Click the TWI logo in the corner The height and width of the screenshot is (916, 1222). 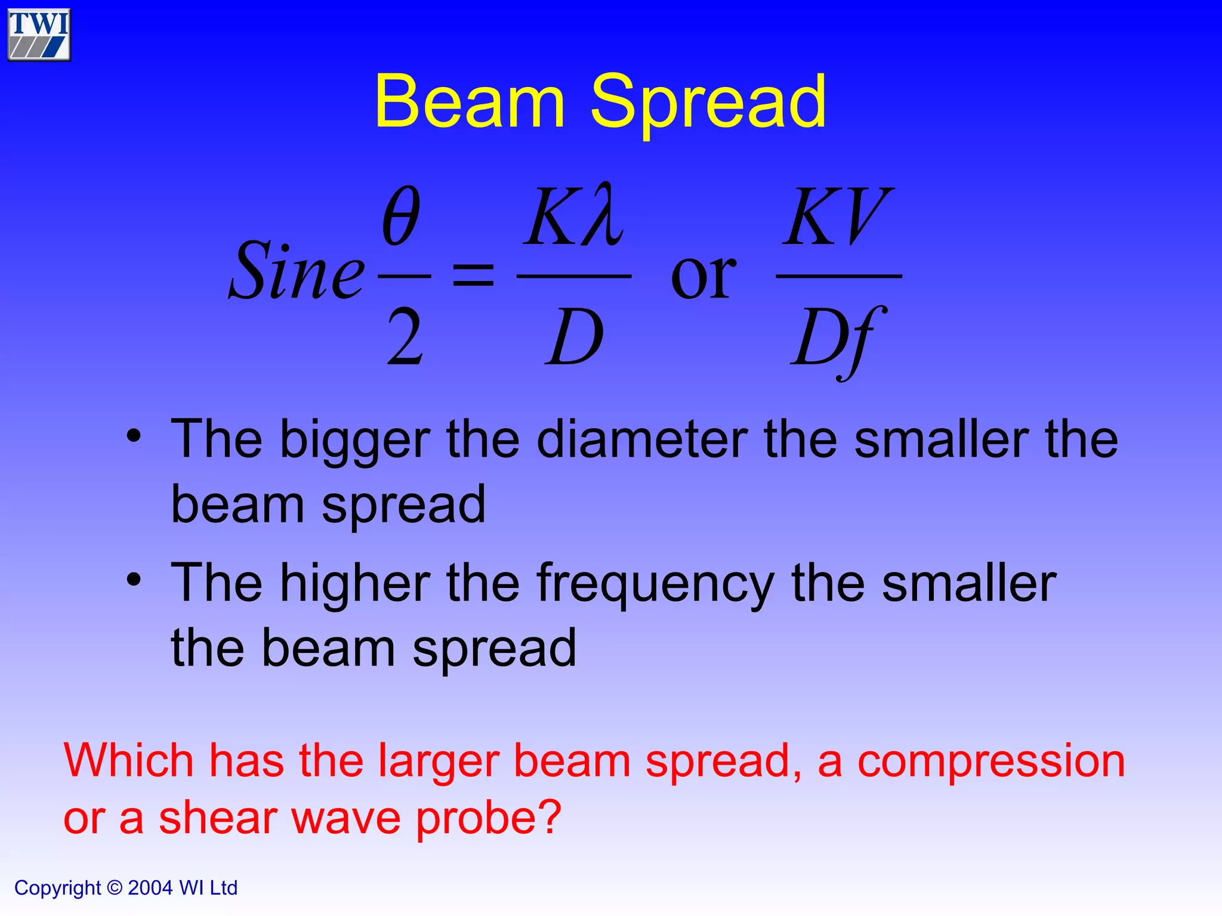[x=39, y=35]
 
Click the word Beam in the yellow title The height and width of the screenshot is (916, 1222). [x=470, y=101]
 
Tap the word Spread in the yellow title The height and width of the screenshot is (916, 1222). [x=708, y=103]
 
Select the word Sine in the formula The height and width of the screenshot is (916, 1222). [x=297, y=272]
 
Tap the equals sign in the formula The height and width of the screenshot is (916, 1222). [x=473, y=276]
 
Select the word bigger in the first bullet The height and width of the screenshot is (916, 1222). [x=355, y=441]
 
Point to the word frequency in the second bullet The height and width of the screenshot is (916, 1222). [x=655, y=584]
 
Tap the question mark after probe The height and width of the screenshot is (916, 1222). [x=548, y=817]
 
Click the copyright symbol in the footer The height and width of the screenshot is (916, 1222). [x=114, y=888]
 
